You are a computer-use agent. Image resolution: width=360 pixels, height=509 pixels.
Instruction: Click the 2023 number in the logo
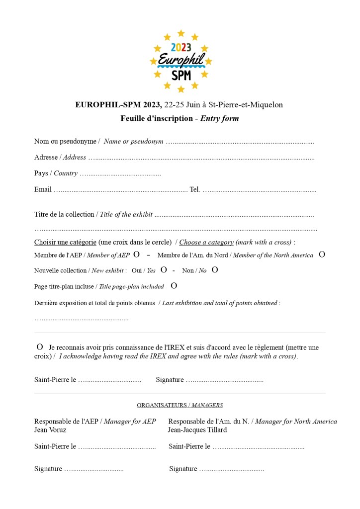tap(181, 48)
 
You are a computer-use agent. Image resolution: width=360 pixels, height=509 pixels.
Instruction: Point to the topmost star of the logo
tap(181, 33)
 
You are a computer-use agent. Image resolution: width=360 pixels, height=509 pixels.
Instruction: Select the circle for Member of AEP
tap(137, 254)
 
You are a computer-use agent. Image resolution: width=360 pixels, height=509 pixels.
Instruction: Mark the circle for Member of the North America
tap(322, 254)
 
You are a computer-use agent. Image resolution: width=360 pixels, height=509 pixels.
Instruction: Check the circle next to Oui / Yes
tap(164, 270)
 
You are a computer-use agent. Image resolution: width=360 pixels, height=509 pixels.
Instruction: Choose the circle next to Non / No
tap(215, 270)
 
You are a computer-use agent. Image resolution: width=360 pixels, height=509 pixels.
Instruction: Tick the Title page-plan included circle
tap(174, 286)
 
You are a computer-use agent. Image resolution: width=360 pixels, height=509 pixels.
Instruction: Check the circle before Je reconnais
tap(40, 346)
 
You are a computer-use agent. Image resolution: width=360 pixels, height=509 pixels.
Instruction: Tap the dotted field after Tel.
tap(259, 190)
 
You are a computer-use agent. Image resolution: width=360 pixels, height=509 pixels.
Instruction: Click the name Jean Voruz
tap(50, 430)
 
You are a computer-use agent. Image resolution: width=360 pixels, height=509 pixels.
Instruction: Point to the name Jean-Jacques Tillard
tap(197, 430)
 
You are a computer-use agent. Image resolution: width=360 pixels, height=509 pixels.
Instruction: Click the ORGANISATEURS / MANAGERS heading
tap(180, 405)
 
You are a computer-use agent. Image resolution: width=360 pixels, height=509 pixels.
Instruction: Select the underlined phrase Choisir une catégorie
tap(65, 242)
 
